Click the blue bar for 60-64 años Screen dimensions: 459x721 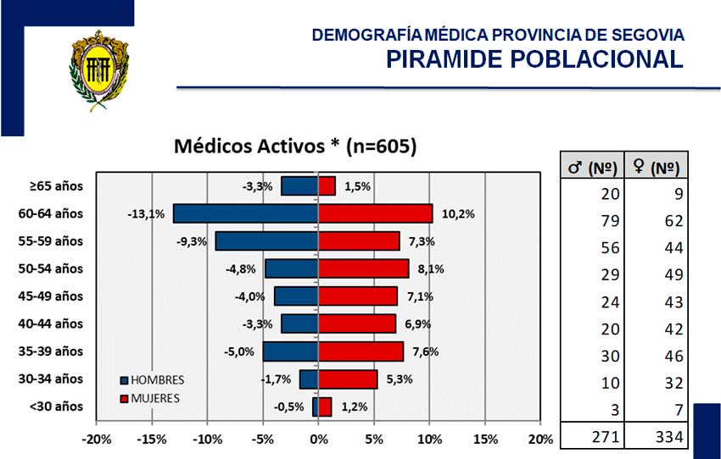[x=245, y=213]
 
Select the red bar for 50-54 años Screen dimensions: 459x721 [x=363, y=268]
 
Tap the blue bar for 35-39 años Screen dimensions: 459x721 [x=290, y=351]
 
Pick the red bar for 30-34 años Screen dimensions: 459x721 [x=347, y=379]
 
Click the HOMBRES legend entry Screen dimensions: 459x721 [x=153, y=380]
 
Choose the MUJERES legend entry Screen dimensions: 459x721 [x=152, y=397]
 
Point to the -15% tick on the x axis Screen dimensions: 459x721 [x=152, y=440]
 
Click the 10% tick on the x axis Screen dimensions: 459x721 [x=429, y=440]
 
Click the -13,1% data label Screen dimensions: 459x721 [x=146, y=214]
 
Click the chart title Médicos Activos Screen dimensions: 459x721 [x=295, y=146]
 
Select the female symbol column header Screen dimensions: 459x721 [x=657, y=168]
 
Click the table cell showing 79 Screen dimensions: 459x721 [x=612, y=221]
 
